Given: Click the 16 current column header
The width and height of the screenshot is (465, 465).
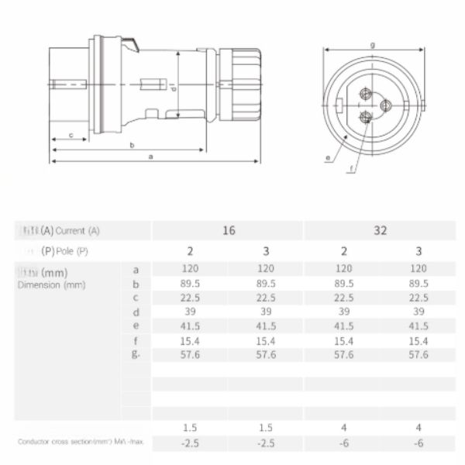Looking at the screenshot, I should (227, 230).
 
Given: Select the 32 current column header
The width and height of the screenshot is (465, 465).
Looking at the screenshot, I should (381, 230).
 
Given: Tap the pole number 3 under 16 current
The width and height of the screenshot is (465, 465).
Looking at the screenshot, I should (266, 250).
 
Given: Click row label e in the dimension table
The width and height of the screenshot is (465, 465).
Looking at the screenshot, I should (136, 326).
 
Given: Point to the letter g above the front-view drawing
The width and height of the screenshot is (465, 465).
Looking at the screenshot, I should (373, 45).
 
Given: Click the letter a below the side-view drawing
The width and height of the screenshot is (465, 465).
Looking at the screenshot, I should (150, 156).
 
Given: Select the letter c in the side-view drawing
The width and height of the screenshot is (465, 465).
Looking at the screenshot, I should (71, 136).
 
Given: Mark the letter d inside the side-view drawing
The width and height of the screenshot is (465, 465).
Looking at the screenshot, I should (174, 88).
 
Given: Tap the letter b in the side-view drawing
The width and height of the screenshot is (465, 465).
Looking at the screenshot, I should (132, 145).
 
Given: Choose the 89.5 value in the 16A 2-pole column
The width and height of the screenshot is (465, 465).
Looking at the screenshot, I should (190, 284).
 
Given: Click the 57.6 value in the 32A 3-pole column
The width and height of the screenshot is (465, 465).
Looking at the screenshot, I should (418, 354).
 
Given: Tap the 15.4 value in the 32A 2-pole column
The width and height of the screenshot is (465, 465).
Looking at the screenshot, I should (343, 340).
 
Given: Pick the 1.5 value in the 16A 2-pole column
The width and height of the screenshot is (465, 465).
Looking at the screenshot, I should (190, 428).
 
